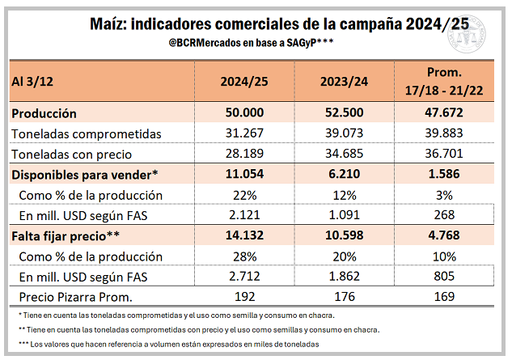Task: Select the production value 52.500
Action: (x=345, y=113)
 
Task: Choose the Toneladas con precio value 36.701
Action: (x=446, y=154)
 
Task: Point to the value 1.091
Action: (x=345, y=215)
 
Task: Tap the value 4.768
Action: (x=446, y=236)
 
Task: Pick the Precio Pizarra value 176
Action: (x=345, y=296)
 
